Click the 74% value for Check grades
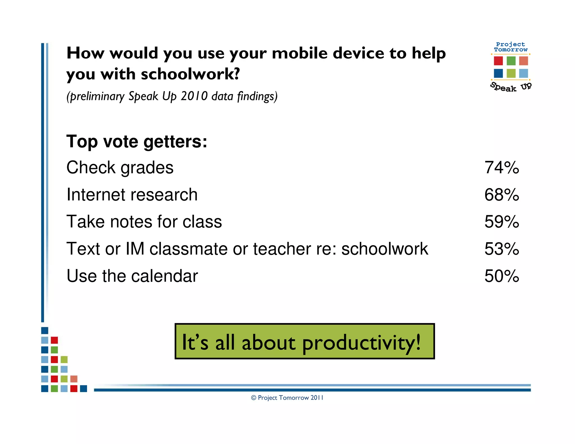point(501,168)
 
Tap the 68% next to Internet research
point(501,195)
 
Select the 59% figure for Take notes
point(501,222)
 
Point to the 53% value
point(501,249)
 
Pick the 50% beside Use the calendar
point(501,276)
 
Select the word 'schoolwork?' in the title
point(190,74)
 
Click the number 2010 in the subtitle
point(194,96)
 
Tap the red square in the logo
point(498,61)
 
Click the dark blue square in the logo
point(498,73)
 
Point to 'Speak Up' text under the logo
point(511,87)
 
